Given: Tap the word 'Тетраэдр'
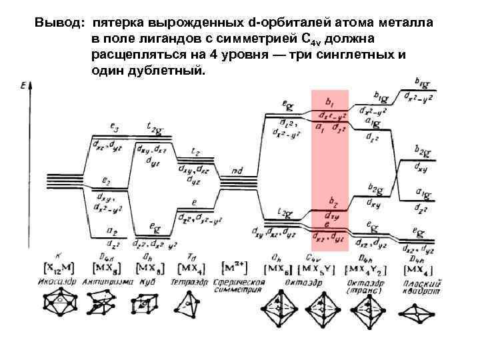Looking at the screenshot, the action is coord(192,281).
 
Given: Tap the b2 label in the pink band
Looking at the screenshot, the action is coord(333,199).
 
